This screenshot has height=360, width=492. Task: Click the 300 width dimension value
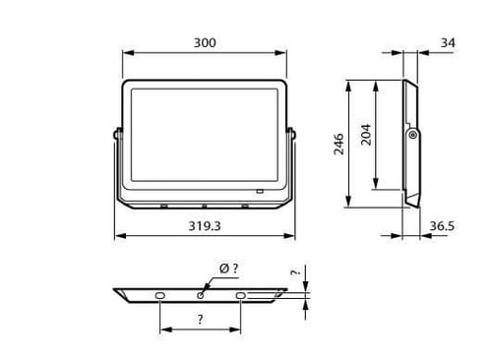pyautogui.click(x=205, y=43)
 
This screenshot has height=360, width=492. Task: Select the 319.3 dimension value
pyautogui.click(x=205, y=226)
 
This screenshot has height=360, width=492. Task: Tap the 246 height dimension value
pyautogui.click(x=338, y=144)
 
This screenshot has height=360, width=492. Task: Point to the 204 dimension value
pyautogui.click(x=366, y=135)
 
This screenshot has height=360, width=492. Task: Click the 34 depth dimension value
pyautogui.click(x=448, y=43)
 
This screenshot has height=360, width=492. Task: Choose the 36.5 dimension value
pyautogui.click(x=442, y=226)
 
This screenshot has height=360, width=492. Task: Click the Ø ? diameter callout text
pyautogui.click(x=229, y=269)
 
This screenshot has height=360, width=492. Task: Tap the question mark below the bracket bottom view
pyautogui.click(x=200, y=319)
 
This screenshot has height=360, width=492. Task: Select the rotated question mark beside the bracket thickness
pyautogui.click(x=295, y=272)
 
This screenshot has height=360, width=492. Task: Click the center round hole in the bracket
pyautogui.click(x=200, y=295)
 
